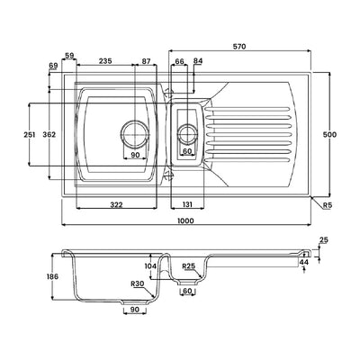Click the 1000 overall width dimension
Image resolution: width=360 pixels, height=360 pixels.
tap(185, 220)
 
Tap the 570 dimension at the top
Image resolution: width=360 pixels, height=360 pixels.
tap(239, 47)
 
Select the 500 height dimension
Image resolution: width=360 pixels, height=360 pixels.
tap(329, 135)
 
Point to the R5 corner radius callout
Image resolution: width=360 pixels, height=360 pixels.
tap(328, 205)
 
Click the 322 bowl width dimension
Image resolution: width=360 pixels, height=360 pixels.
tap(116, 205)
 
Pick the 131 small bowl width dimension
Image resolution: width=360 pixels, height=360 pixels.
tap(187, 204)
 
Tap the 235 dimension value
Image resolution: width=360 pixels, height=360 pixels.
tap(105, 61)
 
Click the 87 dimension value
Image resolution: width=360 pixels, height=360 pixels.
tap(146, 61)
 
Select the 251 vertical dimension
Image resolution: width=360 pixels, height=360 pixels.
tap(30, 135)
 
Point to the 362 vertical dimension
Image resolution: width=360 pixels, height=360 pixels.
tap(49, 135)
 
